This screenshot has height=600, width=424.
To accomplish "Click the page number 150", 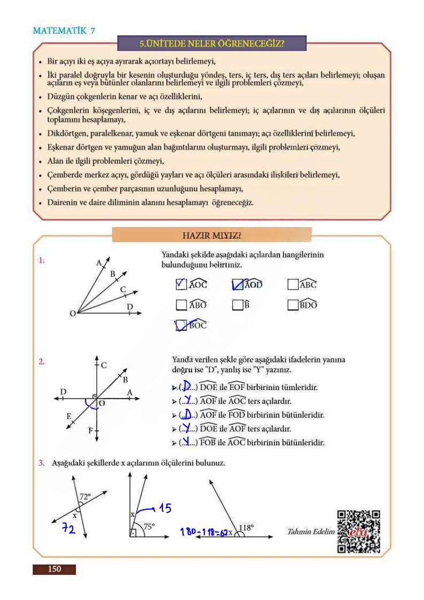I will pyautogui.click(x=54, y=569).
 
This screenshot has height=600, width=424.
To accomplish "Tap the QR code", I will pyautogui.click(x=358, y=531).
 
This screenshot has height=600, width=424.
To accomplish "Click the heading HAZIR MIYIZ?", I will pyautogui.click(x=211, y=235).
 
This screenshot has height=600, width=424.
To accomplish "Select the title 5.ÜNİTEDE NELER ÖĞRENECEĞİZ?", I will pyautogui.click(x=211, y=43).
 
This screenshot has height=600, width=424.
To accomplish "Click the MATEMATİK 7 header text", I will pyautogui.click(x=64, y=30).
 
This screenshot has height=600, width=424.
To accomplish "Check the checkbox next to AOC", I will pyautogui.click(x=181, y=284).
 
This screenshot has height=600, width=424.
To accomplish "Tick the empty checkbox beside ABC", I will pyautogui.click(x=293, y=284).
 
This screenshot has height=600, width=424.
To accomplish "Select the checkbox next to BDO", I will pyautogui.click(x=293, y=305).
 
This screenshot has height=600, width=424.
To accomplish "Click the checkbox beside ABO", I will pyautogui.click(x=181, y=305).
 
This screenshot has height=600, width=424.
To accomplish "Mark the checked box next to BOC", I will pyautogui.click(x=181, y=325).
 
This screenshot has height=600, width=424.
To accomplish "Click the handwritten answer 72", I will pyautogui.click(x=68, y=529).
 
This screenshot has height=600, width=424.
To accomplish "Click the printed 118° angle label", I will pyautogui.click(x=246, y=527).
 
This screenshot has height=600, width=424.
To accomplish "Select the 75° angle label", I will pyautogui.click(x=149, y=526).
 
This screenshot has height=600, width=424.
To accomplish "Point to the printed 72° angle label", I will pyautogui.click(x=85, y=496).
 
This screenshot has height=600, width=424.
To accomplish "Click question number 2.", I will pyautogui.click(x=42, y=362).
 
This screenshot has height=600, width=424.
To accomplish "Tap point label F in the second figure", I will pyautogui.click(x=90, y=430).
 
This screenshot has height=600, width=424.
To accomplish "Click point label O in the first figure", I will pyautogui.click(x=72, y=314).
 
